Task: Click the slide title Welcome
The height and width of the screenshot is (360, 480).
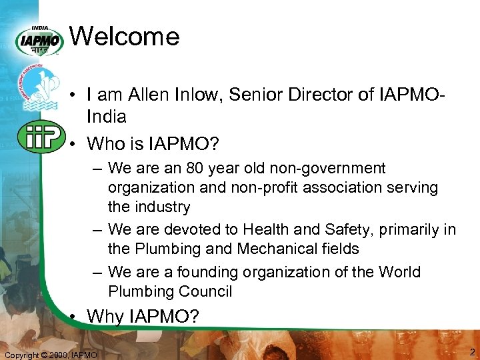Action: [124, 36]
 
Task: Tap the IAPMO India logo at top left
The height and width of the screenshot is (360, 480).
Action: [41, 41]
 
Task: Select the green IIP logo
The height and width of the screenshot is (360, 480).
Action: [41, 137]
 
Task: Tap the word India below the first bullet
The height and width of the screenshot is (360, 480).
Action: [107, 117]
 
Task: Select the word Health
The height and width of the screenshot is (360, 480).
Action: [266, 229]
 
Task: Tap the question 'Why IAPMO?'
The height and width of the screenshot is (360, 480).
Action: [143, 316]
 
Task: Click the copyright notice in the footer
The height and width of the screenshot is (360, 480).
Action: [51, 355]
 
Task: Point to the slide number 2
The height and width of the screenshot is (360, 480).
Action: [472, 352]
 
